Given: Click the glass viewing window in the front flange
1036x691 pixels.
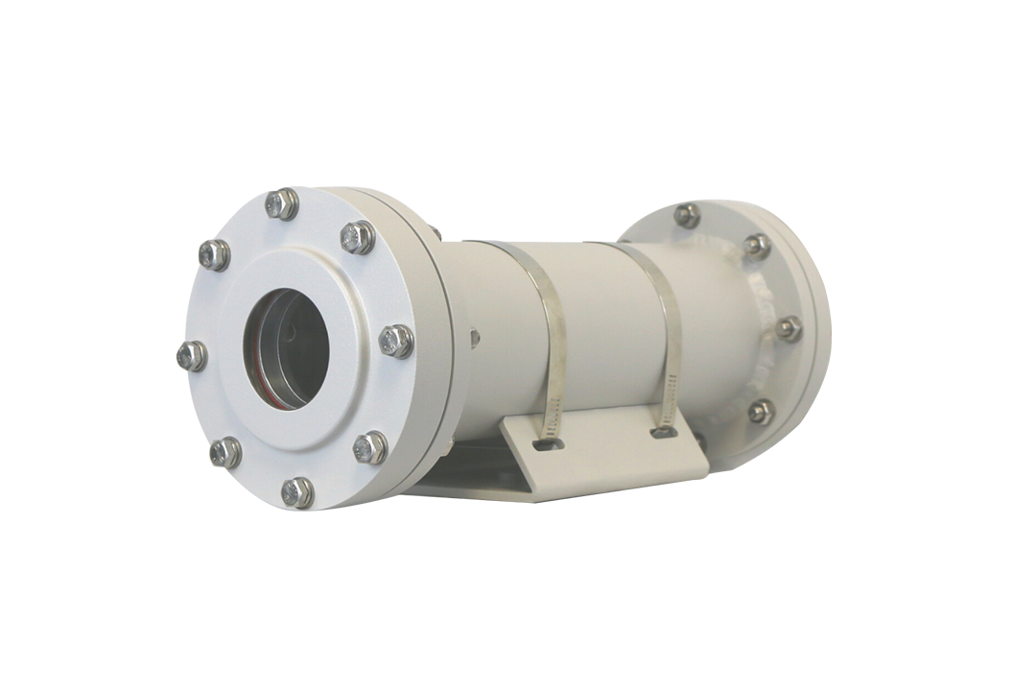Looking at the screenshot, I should coord(286,346).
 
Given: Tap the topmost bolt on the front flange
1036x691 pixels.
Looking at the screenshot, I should coord(282,203).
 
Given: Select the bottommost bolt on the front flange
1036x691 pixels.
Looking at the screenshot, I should coord(297,492).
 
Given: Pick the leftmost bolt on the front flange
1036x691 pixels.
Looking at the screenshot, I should coord(192,356).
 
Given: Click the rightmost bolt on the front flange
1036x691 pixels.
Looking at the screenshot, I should coord(396,341).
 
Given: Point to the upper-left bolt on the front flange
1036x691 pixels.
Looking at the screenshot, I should coord(214,254).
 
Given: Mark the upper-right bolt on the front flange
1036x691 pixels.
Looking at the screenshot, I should coord(358,236).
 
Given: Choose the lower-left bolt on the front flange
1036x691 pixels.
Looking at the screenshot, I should coord(225,452).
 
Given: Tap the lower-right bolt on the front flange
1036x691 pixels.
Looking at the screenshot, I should coord(370,447).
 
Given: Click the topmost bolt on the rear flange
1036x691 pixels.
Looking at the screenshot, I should coord(687,215).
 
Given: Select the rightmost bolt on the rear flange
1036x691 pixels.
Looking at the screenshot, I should coord(789,328).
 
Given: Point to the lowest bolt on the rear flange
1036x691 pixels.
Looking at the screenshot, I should coord(761,412).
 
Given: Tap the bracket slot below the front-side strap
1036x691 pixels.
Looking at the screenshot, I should coord(545,444).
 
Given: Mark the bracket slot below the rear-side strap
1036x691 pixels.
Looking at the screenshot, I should coord(663,433).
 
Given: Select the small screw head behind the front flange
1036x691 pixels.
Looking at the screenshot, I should coord(474,337).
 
